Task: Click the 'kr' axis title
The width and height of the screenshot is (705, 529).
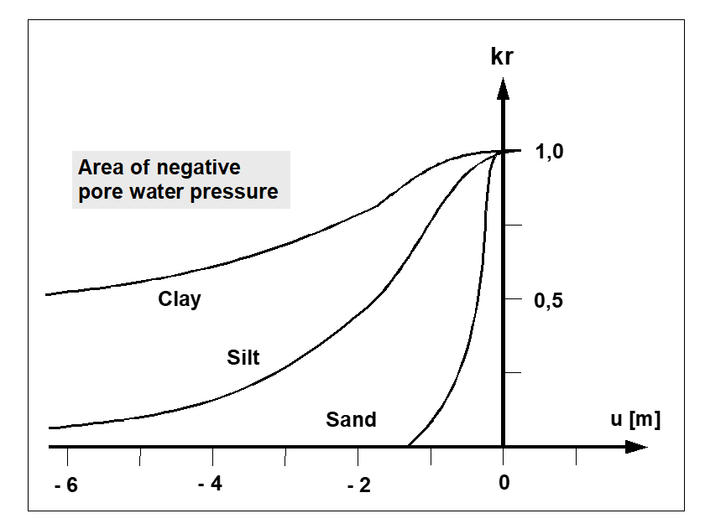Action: point(504,59)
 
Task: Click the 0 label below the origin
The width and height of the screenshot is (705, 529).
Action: point(503,482)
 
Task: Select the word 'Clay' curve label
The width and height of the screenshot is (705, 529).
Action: point(180,298)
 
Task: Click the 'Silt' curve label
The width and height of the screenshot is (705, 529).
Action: point(243,358)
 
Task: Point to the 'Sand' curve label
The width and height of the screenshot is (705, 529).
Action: point(351,419)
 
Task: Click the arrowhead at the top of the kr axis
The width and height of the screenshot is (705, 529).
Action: point(503,86)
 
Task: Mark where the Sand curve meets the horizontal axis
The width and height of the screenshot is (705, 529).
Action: point(408,446)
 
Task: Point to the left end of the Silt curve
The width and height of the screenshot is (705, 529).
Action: point(50,428)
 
